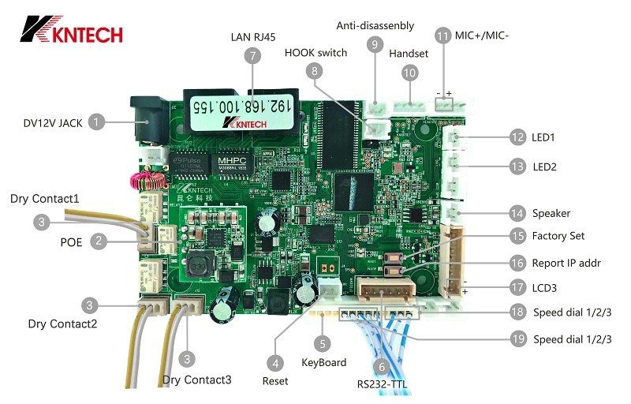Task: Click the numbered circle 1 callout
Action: (x=95, y=122)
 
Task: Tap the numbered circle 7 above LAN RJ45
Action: (x=252, y=55)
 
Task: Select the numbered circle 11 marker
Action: (x=442, y=36)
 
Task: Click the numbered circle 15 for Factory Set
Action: (x=517, y=235)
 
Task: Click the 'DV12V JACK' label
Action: (x=47, y=122)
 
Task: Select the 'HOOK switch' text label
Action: (x=315, y=53)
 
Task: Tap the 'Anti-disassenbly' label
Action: (x=375, y=26)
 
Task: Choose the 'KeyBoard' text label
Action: (x=324, y=363)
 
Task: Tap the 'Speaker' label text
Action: (x=551, y=213)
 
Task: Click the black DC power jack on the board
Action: (x=145, y=116)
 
